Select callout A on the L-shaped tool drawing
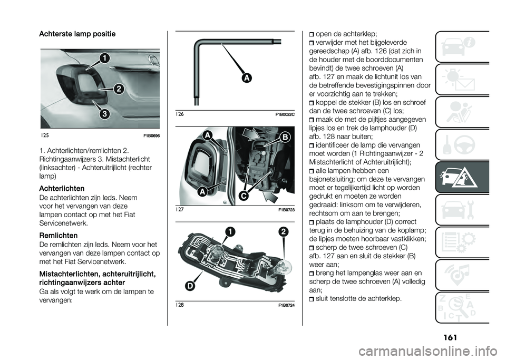coord(247,79)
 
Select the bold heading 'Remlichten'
coord(59,236)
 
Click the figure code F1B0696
coord(150,135)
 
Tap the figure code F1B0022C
coord(285,114)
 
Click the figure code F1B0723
coord(285,210)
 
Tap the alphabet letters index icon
coord(462,307)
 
